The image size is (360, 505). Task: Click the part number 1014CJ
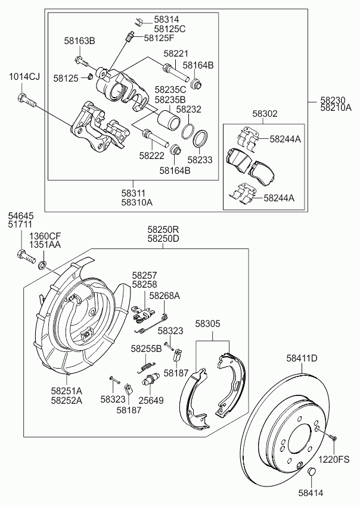tap(24, 76)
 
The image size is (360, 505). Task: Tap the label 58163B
tap(80, 41)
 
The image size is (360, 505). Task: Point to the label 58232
tap(188, 109)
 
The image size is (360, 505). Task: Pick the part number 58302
tap(264, 113)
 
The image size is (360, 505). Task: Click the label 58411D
tap(302, 358)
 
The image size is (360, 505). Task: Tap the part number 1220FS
tap(333, 459)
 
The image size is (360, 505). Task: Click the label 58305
tap(208, 324)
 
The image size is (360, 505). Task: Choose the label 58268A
tap(165, 295)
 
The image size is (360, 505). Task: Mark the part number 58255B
tap(147, 348)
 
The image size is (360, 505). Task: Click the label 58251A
tap(66, 390)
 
